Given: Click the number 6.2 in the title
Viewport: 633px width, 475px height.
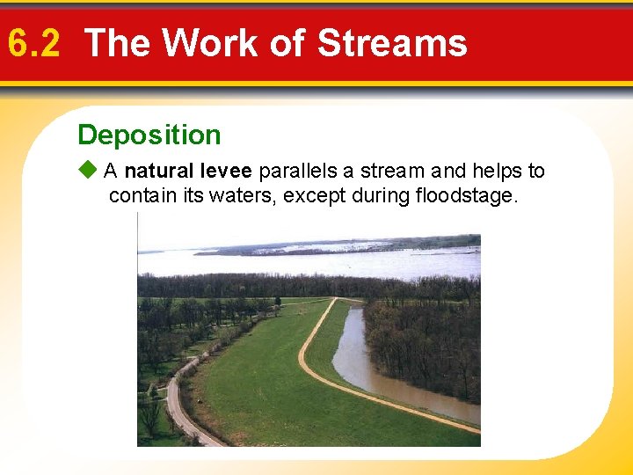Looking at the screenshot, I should tap(33, 43).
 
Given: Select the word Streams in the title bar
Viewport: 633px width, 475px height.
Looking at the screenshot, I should tap(392, 43).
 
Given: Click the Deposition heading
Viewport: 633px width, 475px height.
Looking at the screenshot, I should tap(149, 135).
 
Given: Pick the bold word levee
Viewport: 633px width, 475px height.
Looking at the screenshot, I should tap(227, 171).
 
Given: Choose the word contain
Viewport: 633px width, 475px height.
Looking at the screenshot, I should tap(142, 194).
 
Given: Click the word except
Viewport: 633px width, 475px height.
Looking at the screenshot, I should tap(315, 194).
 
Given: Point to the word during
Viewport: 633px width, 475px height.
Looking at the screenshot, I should tap(380, 194).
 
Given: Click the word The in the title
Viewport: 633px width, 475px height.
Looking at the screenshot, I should tap(120, 43).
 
